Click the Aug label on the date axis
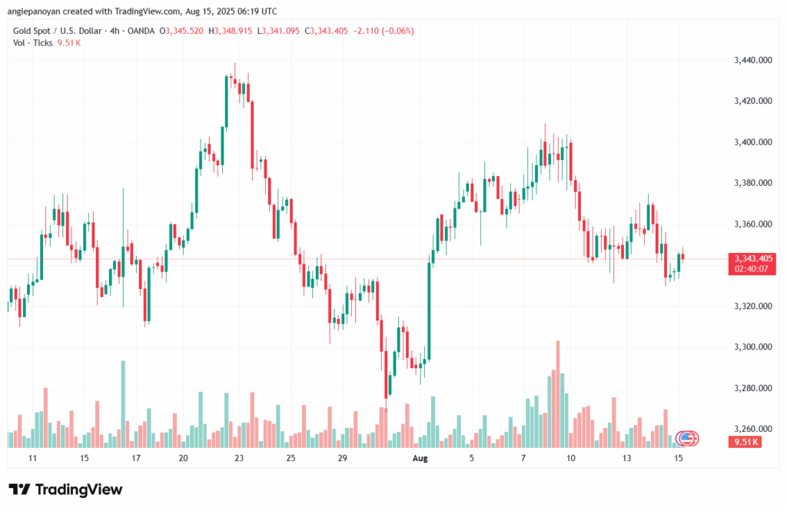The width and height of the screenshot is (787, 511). (x=420, y=458)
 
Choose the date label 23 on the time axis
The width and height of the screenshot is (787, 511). (x=239, y=458)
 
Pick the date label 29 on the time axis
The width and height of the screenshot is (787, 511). (x=343, y=458)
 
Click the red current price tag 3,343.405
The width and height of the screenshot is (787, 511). (x=753, y=258)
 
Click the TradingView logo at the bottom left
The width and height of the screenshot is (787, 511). (x=65, y=489)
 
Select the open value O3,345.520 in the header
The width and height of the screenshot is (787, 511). (x=182, y=31)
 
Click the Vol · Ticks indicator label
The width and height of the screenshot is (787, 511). (x=31, y=43)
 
